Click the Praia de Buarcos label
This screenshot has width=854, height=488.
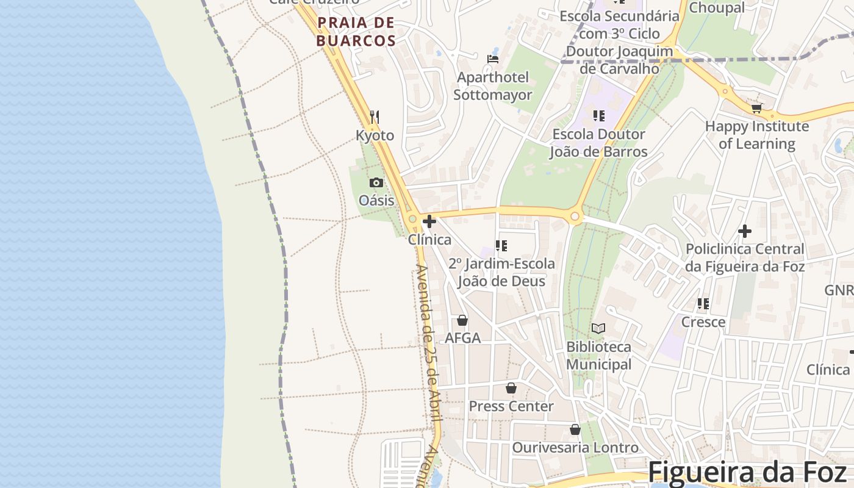click(x=356, y=32)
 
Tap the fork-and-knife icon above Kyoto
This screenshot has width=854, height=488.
click(x=375, y=117)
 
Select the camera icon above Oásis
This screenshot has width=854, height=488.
click(x=376, y=182)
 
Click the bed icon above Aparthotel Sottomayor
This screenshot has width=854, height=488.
click(x=493, y=59)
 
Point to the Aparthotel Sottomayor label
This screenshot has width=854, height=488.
click(x=493, y=86)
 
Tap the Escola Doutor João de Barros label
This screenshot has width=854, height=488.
click(x=598, y=143)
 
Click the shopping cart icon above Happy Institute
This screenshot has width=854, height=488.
click(x=756, y=108)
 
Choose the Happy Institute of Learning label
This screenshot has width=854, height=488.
click(x=757, y=135)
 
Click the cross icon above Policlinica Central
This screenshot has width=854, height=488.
click(x=745, y=231)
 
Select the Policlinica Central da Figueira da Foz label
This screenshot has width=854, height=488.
click(x=745, y=257)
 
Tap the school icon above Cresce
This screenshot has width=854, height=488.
click(x=703, y=303)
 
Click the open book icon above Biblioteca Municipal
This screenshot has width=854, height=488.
click(x=598, y=328)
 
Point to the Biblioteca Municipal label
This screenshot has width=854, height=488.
click(x=599, y=355)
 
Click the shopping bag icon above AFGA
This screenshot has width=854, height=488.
click(x=462, y=320)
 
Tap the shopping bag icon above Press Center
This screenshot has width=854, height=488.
click(x=511, y=388)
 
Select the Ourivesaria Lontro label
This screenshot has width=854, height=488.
click(x=575, y=447)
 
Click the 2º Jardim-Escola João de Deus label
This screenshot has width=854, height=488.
click(x=501, y=272)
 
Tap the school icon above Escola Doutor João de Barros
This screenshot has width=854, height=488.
click(x=598, y=115)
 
